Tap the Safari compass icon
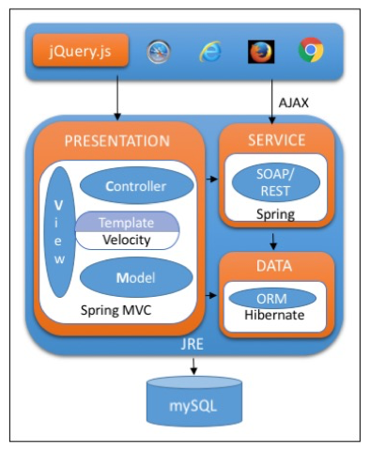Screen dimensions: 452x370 coord(159,51)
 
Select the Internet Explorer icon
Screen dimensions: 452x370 coord(210,51)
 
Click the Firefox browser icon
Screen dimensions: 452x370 coord(260,51)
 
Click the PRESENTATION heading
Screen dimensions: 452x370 coord(117,141)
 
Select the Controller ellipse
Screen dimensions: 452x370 coord(136,186)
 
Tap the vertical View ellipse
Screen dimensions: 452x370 coord(61,232)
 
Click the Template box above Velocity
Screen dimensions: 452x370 coord(126,222)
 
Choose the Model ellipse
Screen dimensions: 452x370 coord(136,278)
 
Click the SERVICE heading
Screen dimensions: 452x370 coord(275,140)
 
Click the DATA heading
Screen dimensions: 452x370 coord(275,266)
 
